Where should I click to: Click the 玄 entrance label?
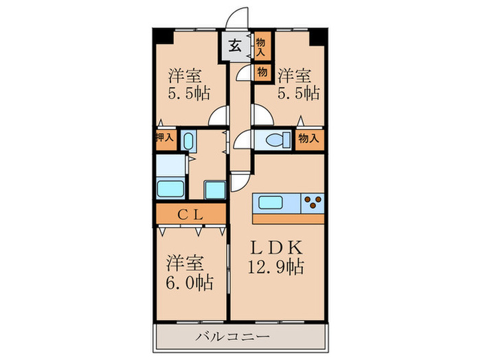pyautogui.click(x=234, y=47)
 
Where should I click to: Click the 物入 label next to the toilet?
pyautogui.click(x=309, y=139)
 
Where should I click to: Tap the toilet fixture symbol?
pyautogui.click(x=275, y=140)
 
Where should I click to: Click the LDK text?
pyautogui.click(x=276, y=246)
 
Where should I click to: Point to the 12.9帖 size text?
pyautogui.click(x=276, y=265)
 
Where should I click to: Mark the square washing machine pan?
pyautogui.click(x=214, y=189)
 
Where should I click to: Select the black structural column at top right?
pyautogui.click(x=316, y=37)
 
